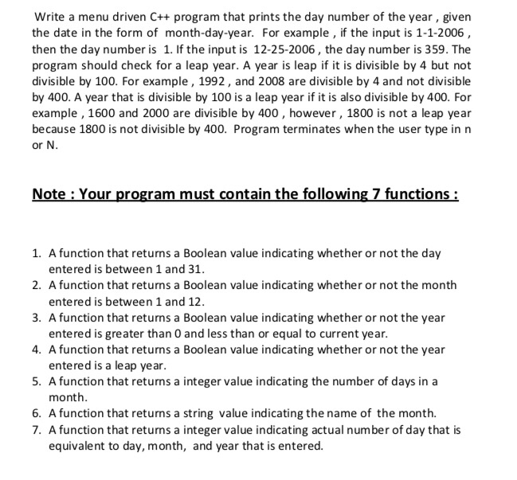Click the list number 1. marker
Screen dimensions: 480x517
[37, 253]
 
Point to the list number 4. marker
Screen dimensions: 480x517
[37, 349]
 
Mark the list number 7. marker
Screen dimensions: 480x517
[37, 431]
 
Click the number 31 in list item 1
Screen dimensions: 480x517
[186, 269]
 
